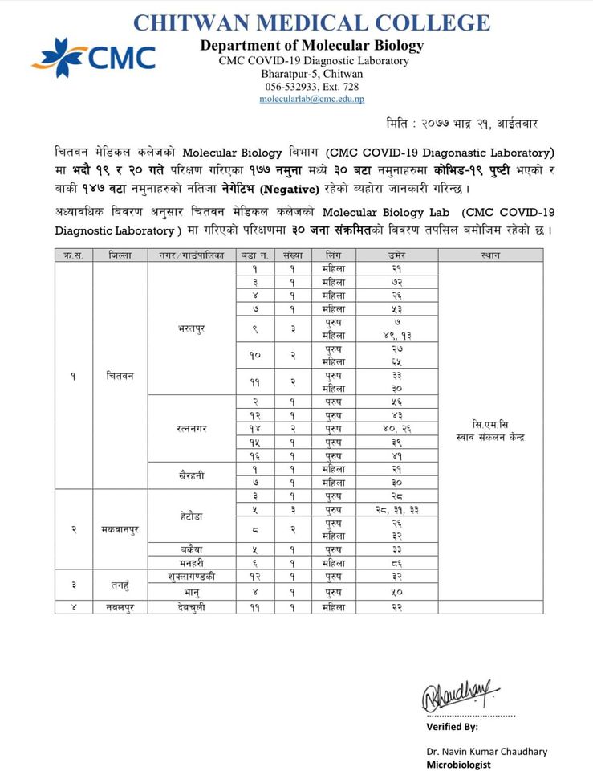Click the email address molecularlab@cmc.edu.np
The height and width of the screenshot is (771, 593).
(x=311, y=99)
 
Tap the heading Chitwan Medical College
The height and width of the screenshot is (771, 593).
(x=311, y=22)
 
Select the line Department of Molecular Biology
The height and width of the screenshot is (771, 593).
(x=311, y=46)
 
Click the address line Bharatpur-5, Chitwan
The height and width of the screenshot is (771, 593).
(x=311, y=74)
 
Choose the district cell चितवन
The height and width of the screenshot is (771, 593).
(x=120, y=375)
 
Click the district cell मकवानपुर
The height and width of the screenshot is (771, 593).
(x=120, y=529)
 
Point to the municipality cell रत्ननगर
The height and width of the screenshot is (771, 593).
(x=192, y=429)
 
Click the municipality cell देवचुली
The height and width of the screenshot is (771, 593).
(x=192, y=607)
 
